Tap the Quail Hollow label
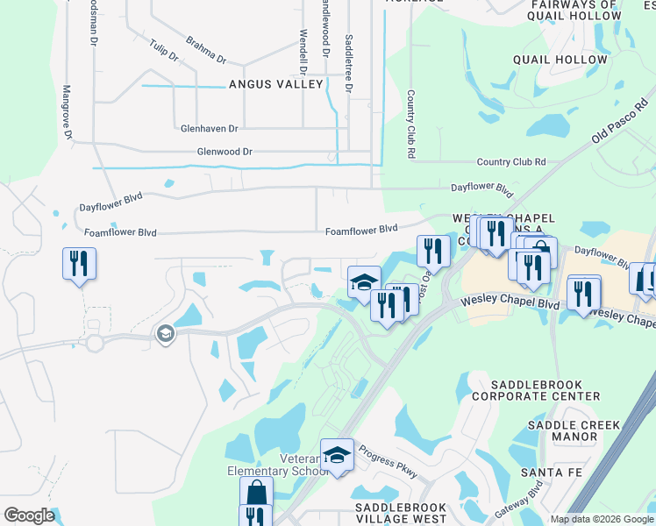pos(561,60)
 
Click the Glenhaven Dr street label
pos(209,128)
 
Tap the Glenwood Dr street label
pos(225,152)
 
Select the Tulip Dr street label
pos(164,50)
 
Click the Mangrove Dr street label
pos(67,110)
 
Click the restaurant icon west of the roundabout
pos(79,262)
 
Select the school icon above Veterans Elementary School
pos(337,454)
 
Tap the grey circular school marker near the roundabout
pos(163,333)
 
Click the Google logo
pos(29,515)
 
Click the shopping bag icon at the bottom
pos(256,492)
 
